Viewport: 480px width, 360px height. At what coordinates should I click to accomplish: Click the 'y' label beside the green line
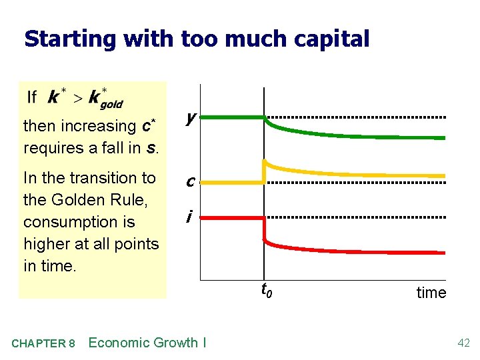point(191,118)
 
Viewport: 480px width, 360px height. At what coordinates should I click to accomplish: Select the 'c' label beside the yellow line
point(191,181)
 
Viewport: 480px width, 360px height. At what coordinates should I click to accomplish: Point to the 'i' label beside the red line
point(190,217)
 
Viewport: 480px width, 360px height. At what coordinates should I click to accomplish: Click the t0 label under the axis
point(265,290)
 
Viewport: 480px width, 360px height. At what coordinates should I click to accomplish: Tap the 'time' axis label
point(431,293)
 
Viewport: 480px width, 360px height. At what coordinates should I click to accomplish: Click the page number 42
point(463,343)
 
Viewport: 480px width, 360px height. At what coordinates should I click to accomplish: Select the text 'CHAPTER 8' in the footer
point(43,343)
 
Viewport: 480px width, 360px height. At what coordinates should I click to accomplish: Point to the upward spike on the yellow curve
point(265,162)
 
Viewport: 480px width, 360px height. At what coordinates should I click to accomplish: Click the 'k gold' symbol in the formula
point(105,99)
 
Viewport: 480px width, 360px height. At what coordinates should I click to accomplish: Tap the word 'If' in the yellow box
point(31,97)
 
